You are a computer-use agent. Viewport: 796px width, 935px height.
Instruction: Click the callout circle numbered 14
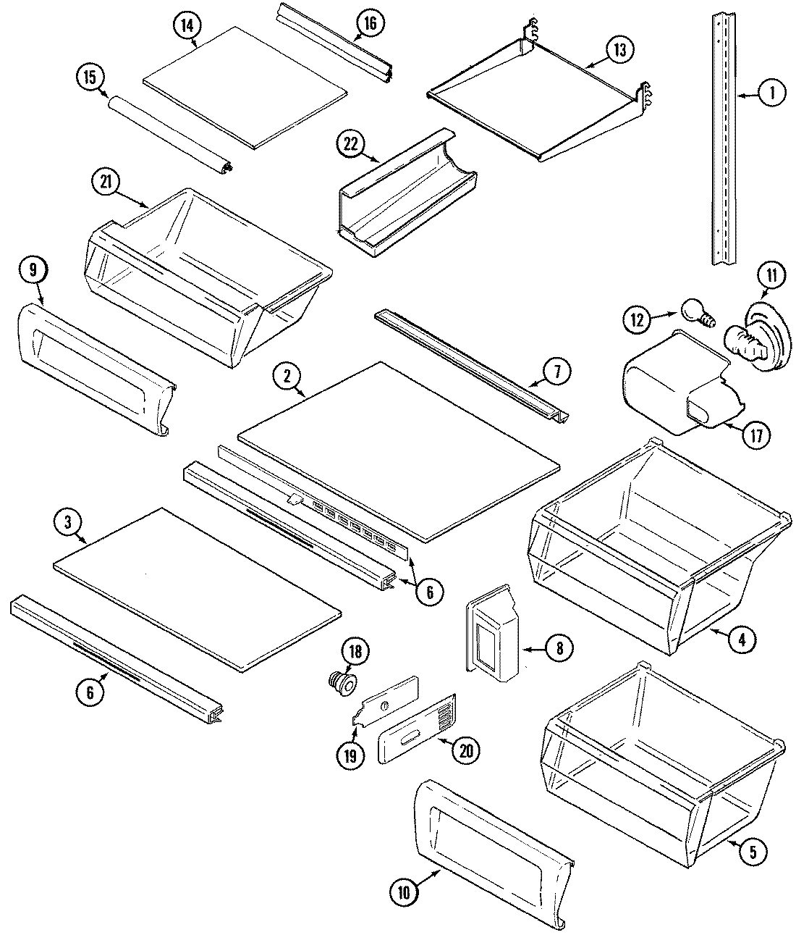pos(187,26)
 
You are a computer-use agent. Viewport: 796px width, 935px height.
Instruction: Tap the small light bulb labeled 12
pos(692,314)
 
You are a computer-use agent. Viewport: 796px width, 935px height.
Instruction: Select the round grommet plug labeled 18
pos(342,680)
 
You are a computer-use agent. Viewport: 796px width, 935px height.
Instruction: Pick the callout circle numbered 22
pos(350,144)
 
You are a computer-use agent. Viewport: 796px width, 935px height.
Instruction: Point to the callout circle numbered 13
pos(619,50)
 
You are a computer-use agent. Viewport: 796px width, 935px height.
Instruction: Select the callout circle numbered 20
pos(465,751)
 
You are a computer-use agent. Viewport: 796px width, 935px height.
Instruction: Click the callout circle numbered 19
pos(350,756)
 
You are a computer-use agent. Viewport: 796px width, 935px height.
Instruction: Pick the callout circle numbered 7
pos(556,372)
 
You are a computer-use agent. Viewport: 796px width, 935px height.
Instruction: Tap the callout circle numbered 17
pos(755,435)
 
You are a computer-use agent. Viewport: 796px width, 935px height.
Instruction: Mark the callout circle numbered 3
pos(68,524)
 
